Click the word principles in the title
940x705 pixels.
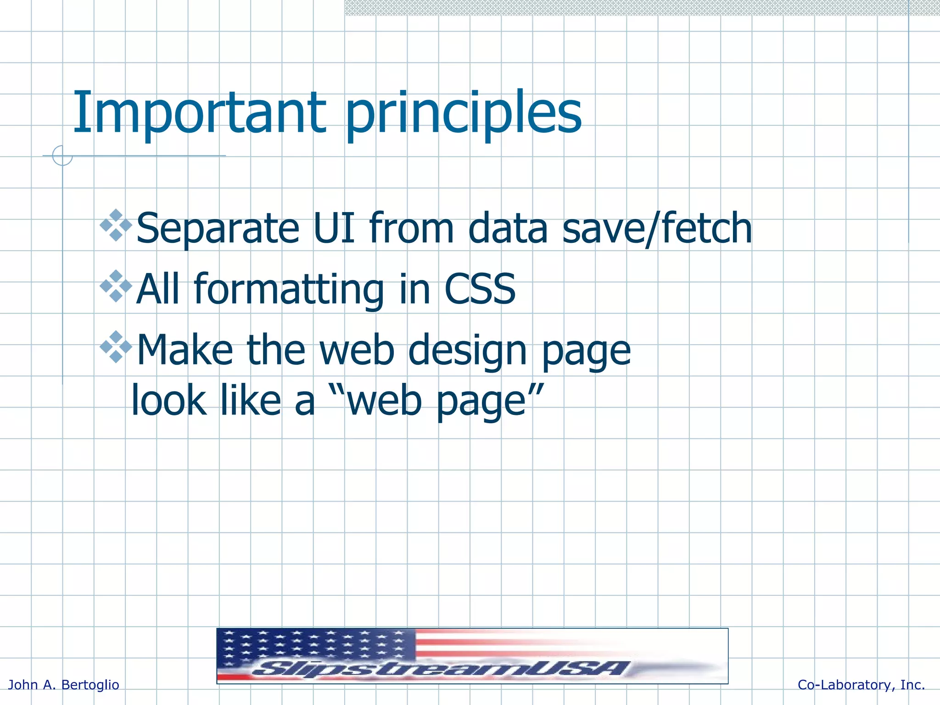click(464, 115)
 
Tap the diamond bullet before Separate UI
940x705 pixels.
click(116, 225)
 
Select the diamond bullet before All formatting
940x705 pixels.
click(116, 286)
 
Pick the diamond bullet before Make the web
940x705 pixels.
click(116, 347)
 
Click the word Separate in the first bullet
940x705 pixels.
click(218, 229)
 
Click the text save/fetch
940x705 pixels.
click(656, 228)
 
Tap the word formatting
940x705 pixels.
click(289, 290)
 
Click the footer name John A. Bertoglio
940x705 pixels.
click(64, 685)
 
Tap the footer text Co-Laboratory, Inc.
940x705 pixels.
click(861, 685)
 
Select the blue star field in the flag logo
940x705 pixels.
click(317, 645)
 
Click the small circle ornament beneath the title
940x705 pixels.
click(62, 156)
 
